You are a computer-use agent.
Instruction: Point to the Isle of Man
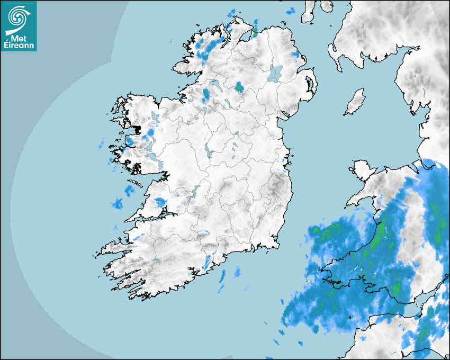355,102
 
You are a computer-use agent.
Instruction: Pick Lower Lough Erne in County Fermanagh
214,84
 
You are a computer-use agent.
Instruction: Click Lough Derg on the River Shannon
194,193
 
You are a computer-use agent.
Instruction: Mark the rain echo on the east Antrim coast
295,55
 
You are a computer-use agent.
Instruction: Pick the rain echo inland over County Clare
159,202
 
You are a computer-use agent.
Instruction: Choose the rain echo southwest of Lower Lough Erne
206,95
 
